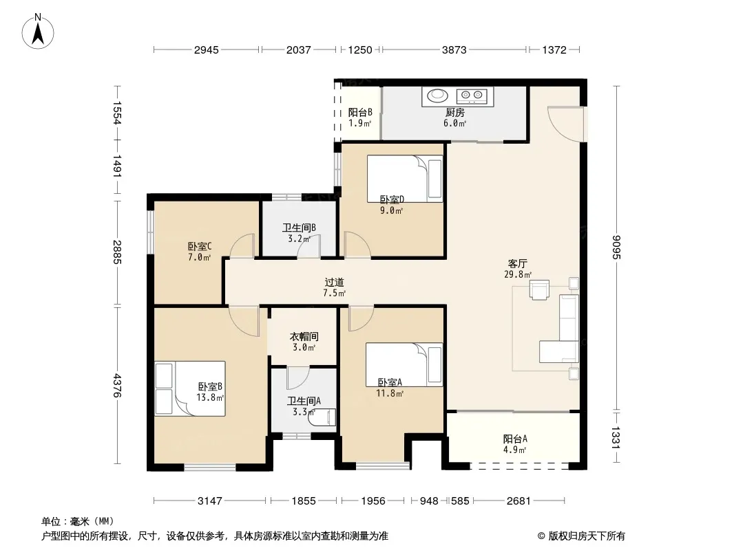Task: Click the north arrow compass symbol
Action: pyautogui.click(x=38, y=32)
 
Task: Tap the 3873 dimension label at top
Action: pyautogui.click(x=454, y=49)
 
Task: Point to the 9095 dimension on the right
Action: pyautogui.click(x=616, y=247)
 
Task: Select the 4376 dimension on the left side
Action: pyautogui.click(x=117, y=386)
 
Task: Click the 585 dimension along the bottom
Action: pyautogui.click(x=460, y=501)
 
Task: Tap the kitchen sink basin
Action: pyautogui.click(x=437, y=96)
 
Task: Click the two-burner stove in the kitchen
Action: pyautogui.click(x=472, y=96)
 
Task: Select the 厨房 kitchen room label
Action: pyautogui.click(x=454, y=112)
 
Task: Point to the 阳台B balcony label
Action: pyautogui.click(x=360, y=112)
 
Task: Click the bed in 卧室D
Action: pyautogui.click(x=404, y=179)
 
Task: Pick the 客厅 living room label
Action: pyautogui.click(x=517, y=263)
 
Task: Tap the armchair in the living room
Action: pyautogui.click(x=539, y=289)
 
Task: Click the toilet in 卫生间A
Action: pyautogui.click(x=322, y=417)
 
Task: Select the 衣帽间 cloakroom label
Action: pyautogui.click(x=304, y=336)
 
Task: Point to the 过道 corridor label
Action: pyautogui.click(x=334, y=283)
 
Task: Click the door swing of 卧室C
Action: pyautogui.click(x=242, y=245)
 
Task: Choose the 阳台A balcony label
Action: pyautogui.click(x=515, y=439)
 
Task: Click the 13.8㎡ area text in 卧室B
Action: pyautogui.click(x=210, y=397)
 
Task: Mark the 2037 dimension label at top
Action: pyautogui.click(x=299, y=49)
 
